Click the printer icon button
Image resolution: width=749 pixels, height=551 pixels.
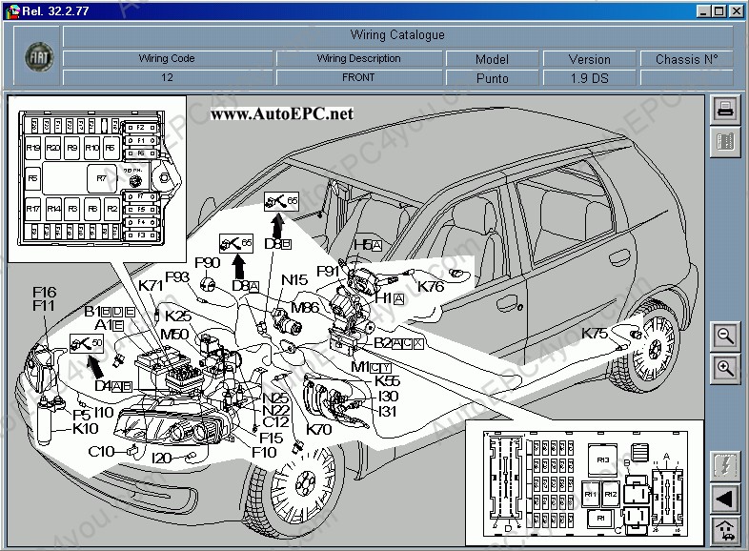pos(725,109)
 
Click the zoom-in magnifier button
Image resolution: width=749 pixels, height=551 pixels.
pos(725,368)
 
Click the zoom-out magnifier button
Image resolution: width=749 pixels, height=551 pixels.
pos(725,336)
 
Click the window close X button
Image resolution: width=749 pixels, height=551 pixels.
pos(735,10)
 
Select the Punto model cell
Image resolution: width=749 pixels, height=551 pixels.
pos(492,78)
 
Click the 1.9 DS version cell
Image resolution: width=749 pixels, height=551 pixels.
pos(590,78)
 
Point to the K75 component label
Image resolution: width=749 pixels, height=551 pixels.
pos(595,334)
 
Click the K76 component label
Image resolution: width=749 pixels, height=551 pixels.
pos(432,286)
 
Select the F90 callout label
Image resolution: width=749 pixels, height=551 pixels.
pos(207,262)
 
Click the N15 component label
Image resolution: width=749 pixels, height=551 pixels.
pos(294,280)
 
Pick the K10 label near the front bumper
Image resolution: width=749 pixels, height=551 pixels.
pos(86,428)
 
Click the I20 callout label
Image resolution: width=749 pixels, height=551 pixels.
pos(161,458)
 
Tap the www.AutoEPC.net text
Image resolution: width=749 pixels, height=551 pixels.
pos(281,113)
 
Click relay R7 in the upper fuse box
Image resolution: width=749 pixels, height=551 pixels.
pos(101,177)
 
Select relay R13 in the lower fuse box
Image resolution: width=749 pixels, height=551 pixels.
pos(602,459)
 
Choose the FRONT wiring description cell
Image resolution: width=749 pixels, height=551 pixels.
pos(358,78)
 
